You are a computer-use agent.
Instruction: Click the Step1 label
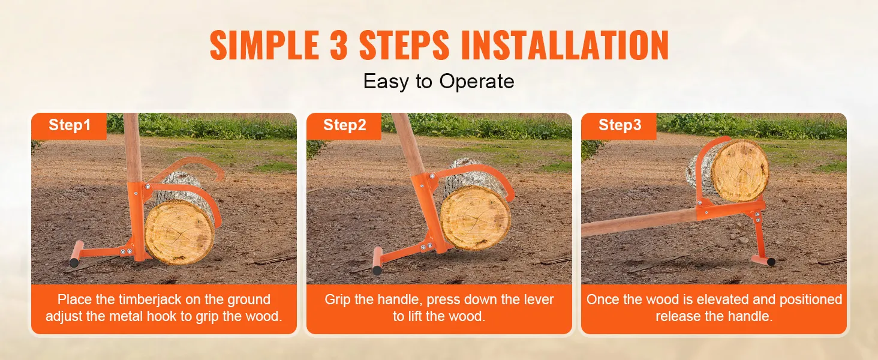[70, 125]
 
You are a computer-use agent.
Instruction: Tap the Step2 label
[344, 125]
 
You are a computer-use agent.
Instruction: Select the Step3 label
[620, 125]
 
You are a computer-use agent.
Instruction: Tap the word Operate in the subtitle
[477, 82]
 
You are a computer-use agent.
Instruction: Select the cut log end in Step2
[475, 217]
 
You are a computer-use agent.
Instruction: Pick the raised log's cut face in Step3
[739, 170]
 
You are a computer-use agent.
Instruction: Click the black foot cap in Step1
[74, 262]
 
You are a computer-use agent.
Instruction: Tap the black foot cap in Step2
[377, 270]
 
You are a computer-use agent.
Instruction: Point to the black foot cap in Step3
[771, 262]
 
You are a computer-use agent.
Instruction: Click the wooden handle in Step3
[639, 222]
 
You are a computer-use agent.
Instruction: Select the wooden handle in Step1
[133, 148]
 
